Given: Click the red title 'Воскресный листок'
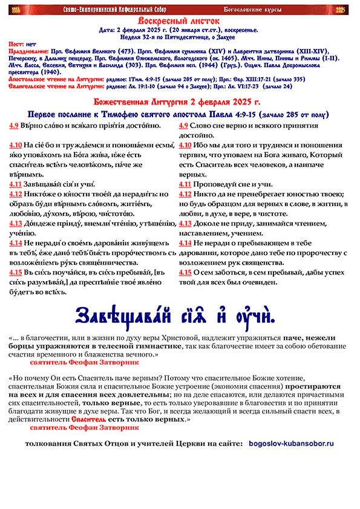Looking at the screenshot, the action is click(x=179, y=21).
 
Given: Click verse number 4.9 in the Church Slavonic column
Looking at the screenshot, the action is click(x=14, y=125).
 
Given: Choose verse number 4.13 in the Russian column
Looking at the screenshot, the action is click(x=185, y=222).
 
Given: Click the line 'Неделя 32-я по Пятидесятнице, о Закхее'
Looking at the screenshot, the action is click(x=179, y=36).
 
